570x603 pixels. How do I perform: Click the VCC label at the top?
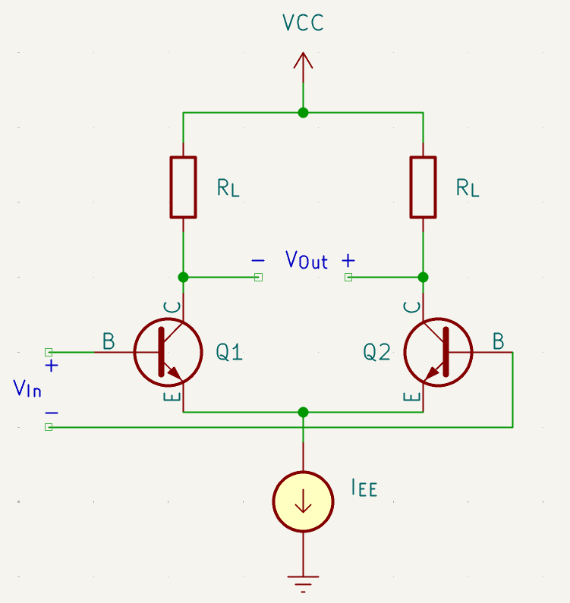(303, 23)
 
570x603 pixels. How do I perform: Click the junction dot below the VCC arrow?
(303, 112)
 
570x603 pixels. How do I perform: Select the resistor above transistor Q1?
(183, 187)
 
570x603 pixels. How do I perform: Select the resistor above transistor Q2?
(423, 187)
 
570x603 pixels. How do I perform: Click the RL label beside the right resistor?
(468, 188)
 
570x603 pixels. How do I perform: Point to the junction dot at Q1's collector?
(183, 277)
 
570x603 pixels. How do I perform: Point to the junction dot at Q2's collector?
(423, 277)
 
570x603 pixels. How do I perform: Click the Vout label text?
(307, 260)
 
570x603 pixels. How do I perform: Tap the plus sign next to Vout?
(348, 260)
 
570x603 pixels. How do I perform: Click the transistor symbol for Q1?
(168, 352)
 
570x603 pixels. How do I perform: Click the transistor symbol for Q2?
(438, 352)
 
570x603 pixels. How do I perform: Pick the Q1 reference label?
(229, 352)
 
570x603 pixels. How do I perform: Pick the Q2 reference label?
(376, 352)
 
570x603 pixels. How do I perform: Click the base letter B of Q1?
(109, 342)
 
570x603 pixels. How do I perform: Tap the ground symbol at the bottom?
(303, 582)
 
